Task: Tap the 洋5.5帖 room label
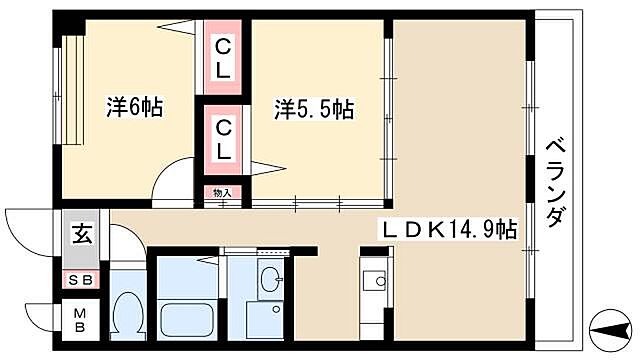(x=313, y=107)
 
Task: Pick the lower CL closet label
(x=225, y=138)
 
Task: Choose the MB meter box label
(x=79, y=322)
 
